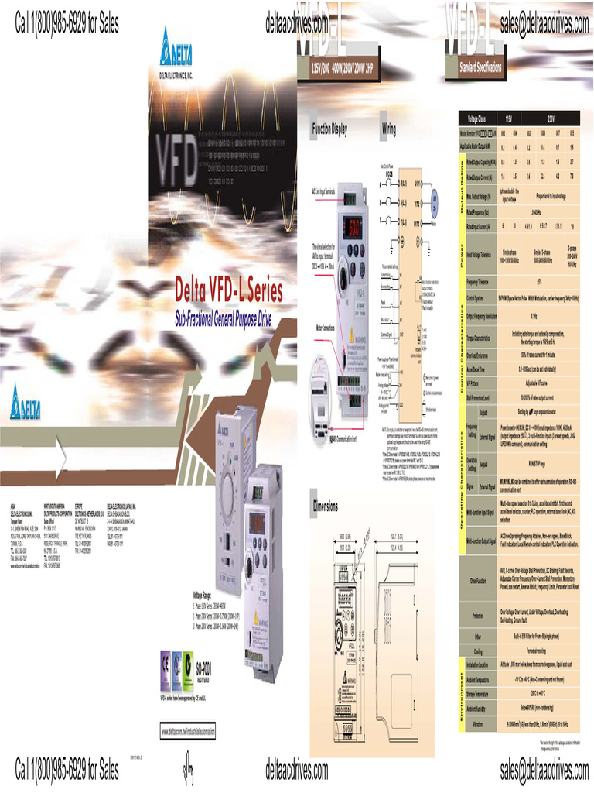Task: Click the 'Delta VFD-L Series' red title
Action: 229,292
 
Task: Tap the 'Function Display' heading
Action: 329,128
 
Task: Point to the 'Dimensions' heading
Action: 326,506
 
